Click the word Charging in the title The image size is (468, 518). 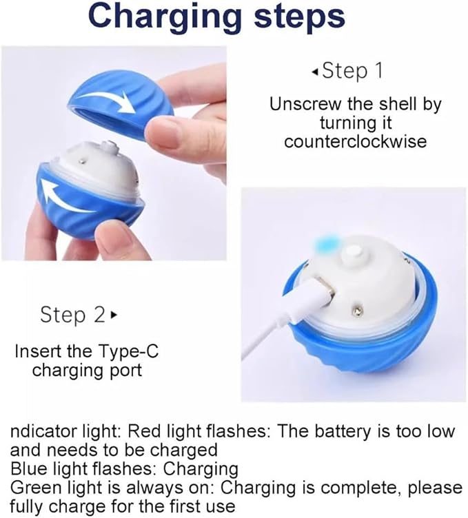coord(165,17)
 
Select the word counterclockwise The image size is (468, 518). coord(355,141)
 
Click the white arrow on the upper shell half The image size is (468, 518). coord(106,99)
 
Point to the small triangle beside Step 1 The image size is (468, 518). coord(315,72)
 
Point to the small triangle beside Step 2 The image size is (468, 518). coord(114,315)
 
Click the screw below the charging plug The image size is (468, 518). coord(358,310)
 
